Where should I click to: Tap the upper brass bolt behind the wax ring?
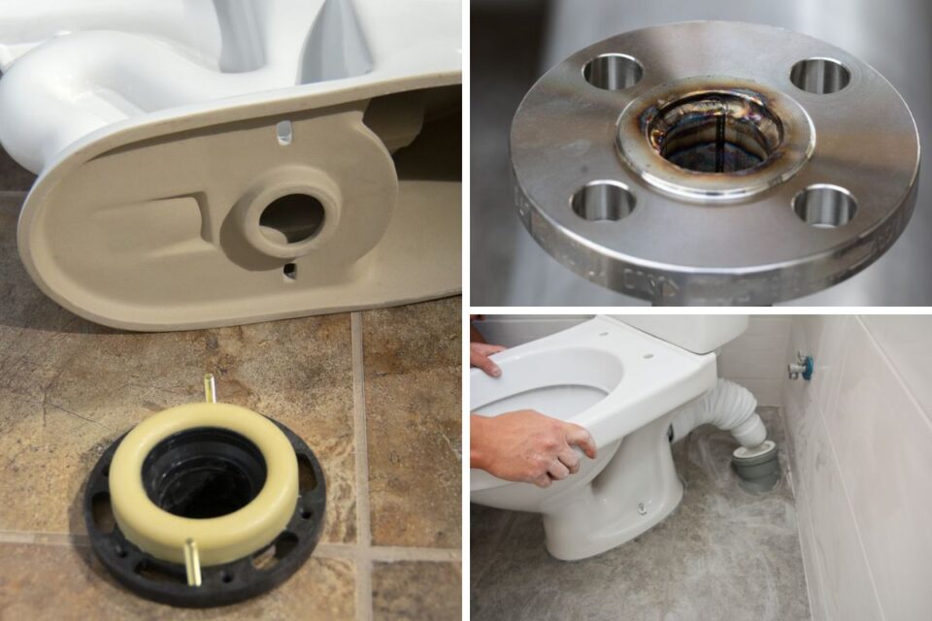coord(208,388)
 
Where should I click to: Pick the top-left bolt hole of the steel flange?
coord(613,72)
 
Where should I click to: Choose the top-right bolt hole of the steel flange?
coord(819,75)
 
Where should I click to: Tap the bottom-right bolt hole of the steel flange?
coord(823,206)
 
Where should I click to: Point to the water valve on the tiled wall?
coord(799,366)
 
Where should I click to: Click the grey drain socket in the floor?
coord(755,464)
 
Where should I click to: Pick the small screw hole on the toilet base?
coord(641,507)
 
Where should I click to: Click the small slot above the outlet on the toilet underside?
coord(283,132)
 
